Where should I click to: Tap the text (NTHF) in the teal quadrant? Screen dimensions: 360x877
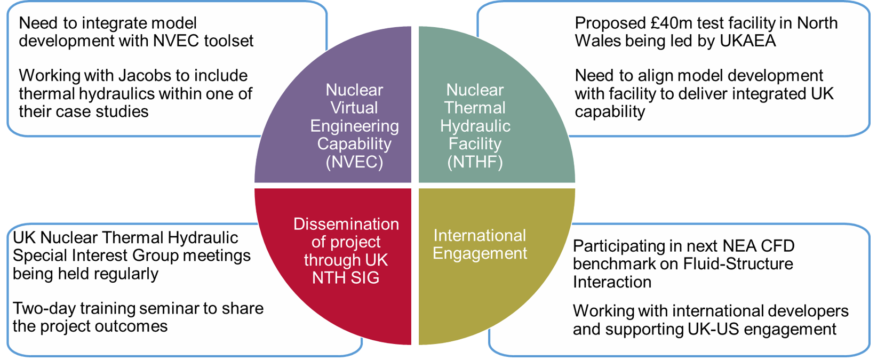tap(475, 162)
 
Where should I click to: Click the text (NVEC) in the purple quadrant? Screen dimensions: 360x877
tap(354, 162)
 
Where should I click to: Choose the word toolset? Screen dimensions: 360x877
tap(229, 41)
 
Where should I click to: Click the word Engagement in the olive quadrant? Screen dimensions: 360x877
tap(480, 253)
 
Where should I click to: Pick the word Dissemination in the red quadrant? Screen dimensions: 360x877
tap(346, 224)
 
